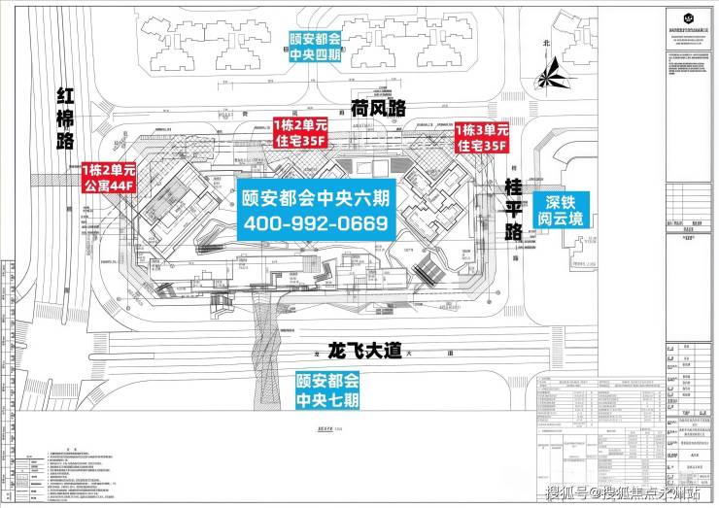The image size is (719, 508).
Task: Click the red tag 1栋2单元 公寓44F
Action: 108,175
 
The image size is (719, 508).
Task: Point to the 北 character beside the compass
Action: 547,44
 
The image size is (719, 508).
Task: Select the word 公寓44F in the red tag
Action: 108,183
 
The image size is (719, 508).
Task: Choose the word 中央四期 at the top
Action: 315,55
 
